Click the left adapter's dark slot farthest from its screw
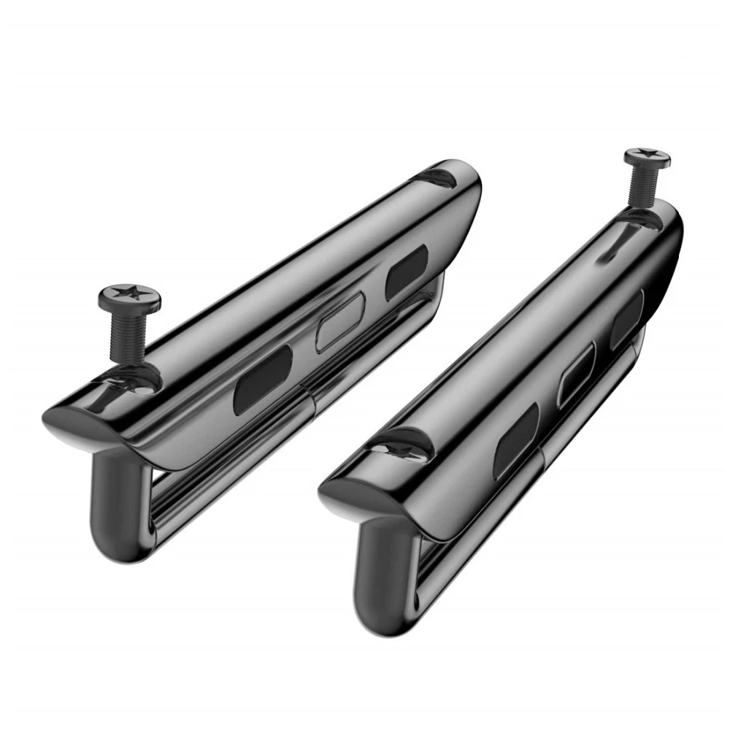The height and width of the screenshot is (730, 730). [x=407, y=272]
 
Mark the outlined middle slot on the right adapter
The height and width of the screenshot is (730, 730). [x=576, y=374]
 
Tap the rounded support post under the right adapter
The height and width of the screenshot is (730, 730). [x=383, y=577]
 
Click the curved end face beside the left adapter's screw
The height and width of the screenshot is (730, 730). [x=80, y=423]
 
